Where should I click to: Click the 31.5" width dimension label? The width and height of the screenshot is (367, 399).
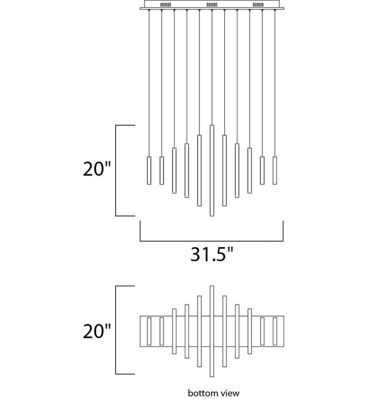pyautogui.click(x=212, y=254)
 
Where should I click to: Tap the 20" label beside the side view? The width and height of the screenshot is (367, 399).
pyautogui.click(x=97, y=169)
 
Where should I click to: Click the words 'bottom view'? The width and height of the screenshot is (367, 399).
pyautogui.click(x=214, y=393)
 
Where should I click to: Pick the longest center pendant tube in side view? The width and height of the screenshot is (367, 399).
pyautogui.click(x=212, y=170)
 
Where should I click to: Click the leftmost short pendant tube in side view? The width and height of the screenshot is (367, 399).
pyautogui.click(x=149, y=170)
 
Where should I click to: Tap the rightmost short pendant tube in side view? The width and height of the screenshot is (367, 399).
pyautogui.click(x=275, y=170)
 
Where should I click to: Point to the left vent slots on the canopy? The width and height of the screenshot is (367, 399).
pyautogui.click(x=165, y=5)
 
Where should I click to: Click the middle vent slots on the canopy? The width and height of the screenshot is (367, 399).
pyautogui.click(x=212, y=5)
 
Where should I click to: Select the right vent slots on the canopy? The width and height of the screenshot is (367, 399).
pyautogui.click(x=258, y=5)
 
